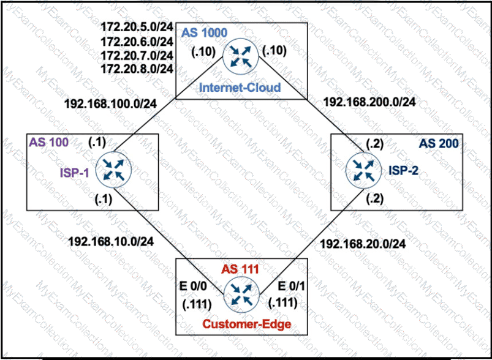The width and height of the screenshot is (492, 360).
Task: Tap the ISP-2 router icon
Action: pyautogui.click(x=362, y=167)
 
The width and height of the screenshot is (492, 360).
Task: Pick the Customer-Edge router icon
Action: pyautogui.click(x=240, y=296)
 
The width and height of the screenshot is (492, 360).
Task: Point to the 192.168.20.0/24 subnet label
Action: pyautogui.click(x=363, y=244)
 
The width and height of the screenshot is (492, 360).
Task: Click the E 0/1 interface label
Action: pyautogui.click(x=290, y=287)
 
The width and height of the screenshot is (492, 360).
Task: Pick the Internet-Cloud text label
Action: pyautogui.click(x=240, y=88)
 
